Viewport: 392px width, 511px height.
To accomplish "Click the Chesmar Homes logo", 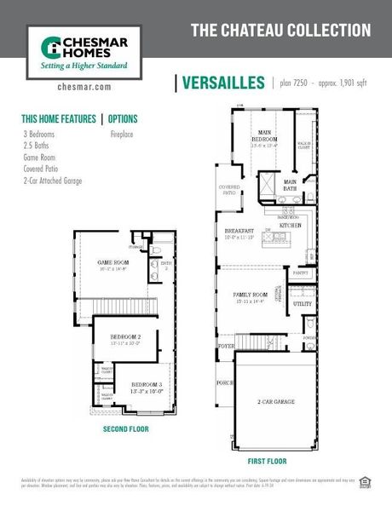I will click(x=78, y=50).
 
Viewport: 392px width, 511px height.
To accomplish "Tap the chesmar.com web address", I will click(x=84, y=87).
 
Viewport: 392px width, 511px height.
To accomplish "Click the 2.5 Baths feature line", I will click(x=37, y=146).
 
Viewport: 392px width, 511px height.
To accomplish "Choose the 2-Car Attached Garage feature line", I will click(x=53, y=181).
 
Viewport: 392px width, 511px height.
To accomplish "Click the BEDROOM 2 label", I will click(x=125, y=337).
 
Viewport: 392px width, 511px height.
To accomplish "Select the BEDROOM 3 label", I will click(x=146, y=385).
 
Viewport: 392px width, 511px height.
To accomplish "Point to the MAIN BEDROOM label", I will click(x=266, y=138).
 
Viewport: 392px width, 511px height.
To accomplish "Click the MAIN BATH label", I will click(x=291, y=184).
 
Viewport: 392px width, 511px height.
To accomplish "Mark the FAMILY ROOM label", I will click(x=251, y=295).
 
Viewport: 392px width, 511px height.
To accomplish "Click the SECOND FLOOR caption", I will click(x=125, y=428).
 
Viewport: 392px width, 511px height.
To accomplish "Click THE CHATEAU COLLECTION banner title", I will click(x=280, y=31).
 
